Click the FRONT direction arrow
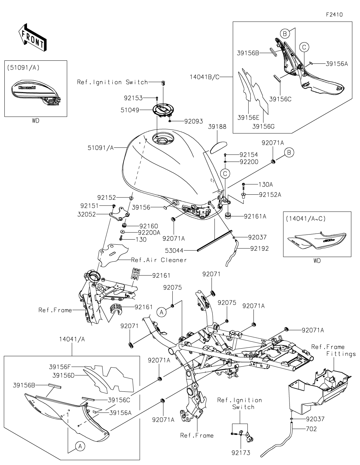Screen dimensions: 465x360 pos(32,37)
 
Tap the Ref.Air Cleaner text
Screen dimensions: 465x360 pos(159,260)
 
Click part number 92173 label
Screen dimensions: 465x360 pos(241,453)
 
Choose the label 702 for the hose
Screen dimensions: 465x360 pos(311,429)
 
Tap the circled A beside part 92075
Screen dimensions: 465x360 pos(161,313)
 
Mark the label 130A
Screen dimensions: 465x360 pos(266,185)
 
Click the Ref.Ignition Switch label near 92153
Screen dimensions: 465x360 pos(112,82)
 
